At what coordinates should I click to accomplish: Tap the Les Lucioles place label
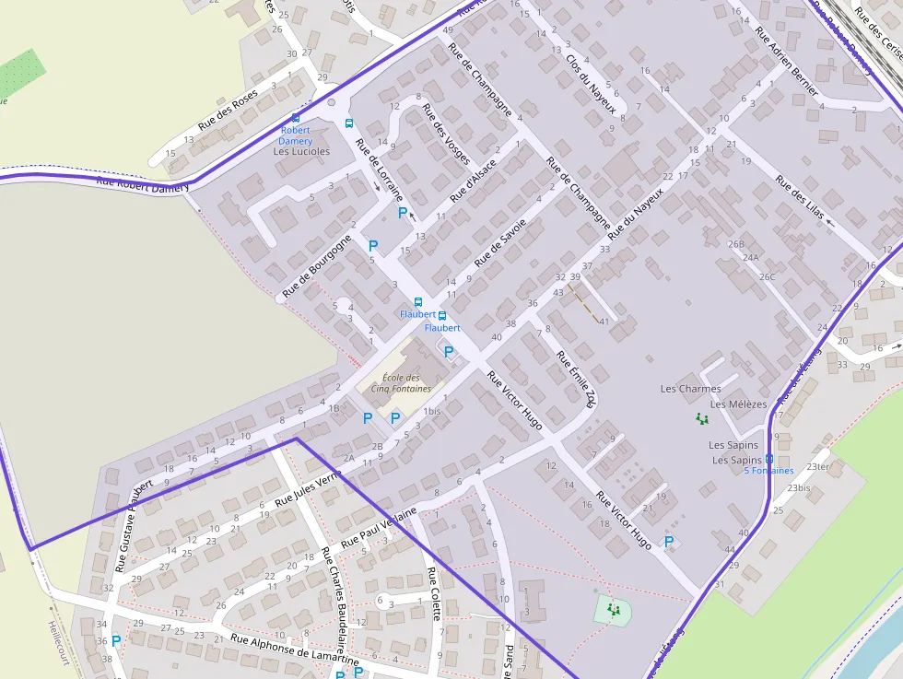(301, 151)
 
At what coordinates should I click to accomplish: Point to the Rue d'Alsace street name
(474, 181)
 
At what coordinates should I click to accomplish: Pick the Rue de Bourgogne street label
(317, 266)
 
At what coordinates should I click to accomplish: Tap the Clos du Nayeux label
(590, 76)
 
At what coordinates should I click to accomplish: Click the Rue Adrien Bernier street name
(786, 61)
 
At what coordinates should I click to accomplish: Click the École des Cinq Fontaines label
(401, 382)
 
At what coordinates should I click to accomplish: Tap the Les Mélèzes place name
(738, 404)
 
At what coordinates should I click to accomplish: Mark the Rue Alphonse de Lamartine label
(294, 650)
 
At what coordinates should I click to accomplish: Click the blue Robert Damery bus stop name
(296, 135)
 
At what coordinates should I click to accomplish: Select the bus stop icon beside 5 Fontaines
(769, 459)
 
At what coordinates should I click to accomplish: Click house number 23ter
(817, 466)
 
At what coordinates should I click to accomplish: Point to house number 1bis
(432, 411)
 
